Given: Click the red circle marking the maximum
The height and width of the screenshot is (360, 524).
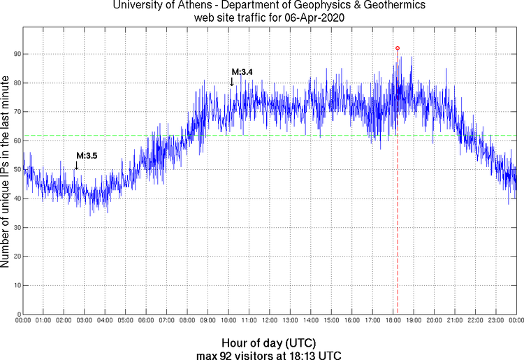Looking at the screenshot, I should point(398,48).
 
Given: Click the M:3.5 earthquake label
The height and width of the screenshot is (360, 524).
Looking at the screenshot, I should point(86,155).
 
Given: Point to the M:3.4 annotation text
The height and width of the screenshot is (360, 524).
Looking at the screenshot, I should point(242,72).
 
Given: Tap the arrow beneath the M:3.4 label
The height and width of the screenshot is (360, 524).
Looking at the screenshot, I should point(232,82).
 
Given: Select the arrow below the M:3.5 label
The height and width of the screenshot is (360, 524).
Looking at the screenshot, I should point(76,165).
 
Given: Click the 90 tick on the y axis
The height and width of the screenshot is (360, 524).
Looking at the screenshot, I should point(15,54).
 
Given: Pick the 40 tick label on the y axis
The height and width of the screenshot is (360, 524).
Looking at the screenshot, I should point(15,199).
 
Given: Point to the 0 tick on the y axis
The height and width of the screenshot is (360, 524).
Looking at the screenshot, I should point(17,315).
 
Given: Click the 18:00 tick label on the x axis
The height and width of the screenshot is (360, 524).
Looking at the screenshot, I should point(392,322).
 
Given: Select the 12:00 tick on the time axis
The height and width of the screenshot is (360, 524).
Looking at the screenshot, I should point(269,322).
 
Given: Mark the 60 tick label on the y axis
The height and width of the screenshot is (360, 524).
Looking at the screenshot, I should point(15,141).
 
